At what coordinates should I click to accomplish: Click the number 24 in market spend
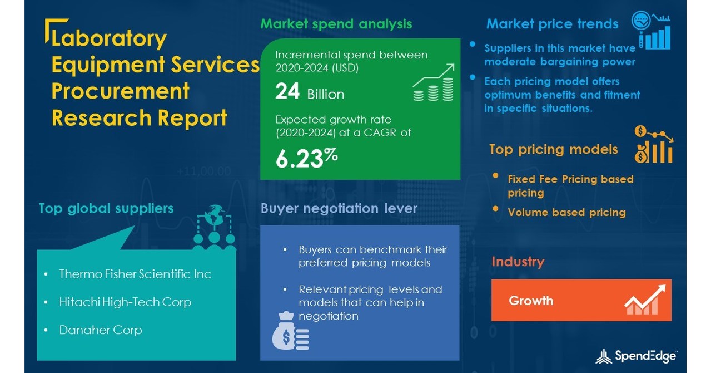click(287, 92)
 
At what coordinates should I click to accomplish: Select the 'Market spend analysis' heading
click(336, 24)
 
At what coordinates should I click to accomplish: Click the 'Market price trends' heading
click(552, 24)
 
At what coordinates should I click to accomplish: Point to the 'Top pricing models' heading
click(553, 149)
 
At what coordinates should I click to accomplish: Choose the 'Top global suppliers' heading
click(106, 208)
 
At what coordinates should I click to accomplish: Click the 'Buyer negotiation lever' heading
click(339, 208)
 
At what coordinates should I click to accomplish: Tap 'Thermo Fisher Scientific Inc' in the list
click(135, 274)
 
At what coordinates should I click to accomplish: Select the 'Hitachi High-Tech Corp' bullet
click(125, 302)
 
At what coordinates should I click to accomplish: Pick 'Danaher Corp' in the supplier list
click(101, 330)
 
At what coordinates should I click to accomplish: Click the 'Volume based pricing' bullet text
click(566, 212)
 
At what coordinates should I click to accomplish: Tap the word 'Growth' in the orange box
click(531, 301)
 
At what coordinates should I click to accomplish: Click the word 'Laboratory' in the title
click(109, 38)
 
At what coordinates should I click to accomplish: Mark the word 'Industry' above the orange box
click(518, 262)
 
